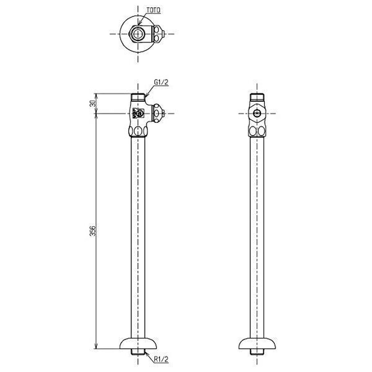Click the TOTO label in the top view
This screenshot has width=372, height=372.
[153, 10]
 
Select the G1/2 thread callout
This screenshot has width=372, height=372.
[161, 82]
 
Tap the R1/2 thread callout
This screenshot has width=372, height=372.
[161, 360]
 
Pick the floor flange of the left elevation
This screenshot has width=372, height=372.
[138, 343]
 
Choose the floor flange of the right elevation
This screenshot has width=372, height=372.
[257, 343]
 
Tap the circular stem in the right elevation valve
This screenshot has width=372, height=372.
[257, 113]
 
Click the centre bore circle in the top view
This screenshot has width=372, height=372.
[138, 34]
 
